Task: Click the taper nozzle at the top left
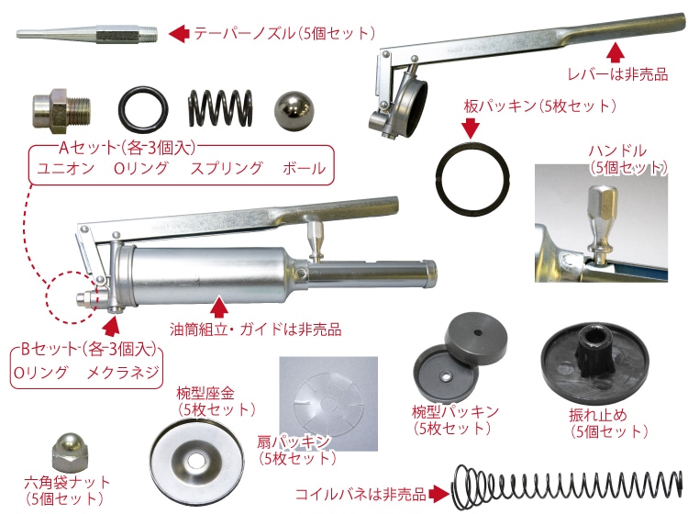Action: pyautogui.click(x=88, y=34)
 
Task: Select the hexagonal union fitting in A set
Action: pyautogui.click(x=61, y=111)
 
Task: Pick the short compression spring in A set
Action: pyautogui.click(x=220, y=108)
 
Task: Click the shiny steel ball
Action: pyautogui.click(x=294, y=110)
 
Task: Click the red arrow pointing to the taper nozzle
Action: pyautogui.click(x=179, y=33)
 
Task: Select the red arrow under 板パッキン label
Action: pyautogui.click(x=472, y=128)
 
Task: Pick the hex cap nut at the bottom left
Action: pyautogui.click(x=71, y=453)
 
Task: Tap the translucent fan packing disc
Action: pyautogui.click(x=329, y=403)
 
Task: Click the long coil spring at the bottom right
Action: pyautogui.click(x=567, y=486)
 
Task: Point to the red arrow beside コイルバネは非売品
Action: pyautogui.click(x=438, y=494)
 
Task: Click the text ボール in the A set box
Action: pyautogui.click(x=305, y=169)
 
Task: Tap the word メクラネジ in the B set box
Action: pyautogui.click(x=123, y=373)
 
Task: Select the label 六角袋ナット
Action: pyautogui.click(x=67, y=483)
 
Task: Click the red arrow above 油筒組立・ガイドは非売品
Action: pyautogui.click(x=219, y=307)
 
